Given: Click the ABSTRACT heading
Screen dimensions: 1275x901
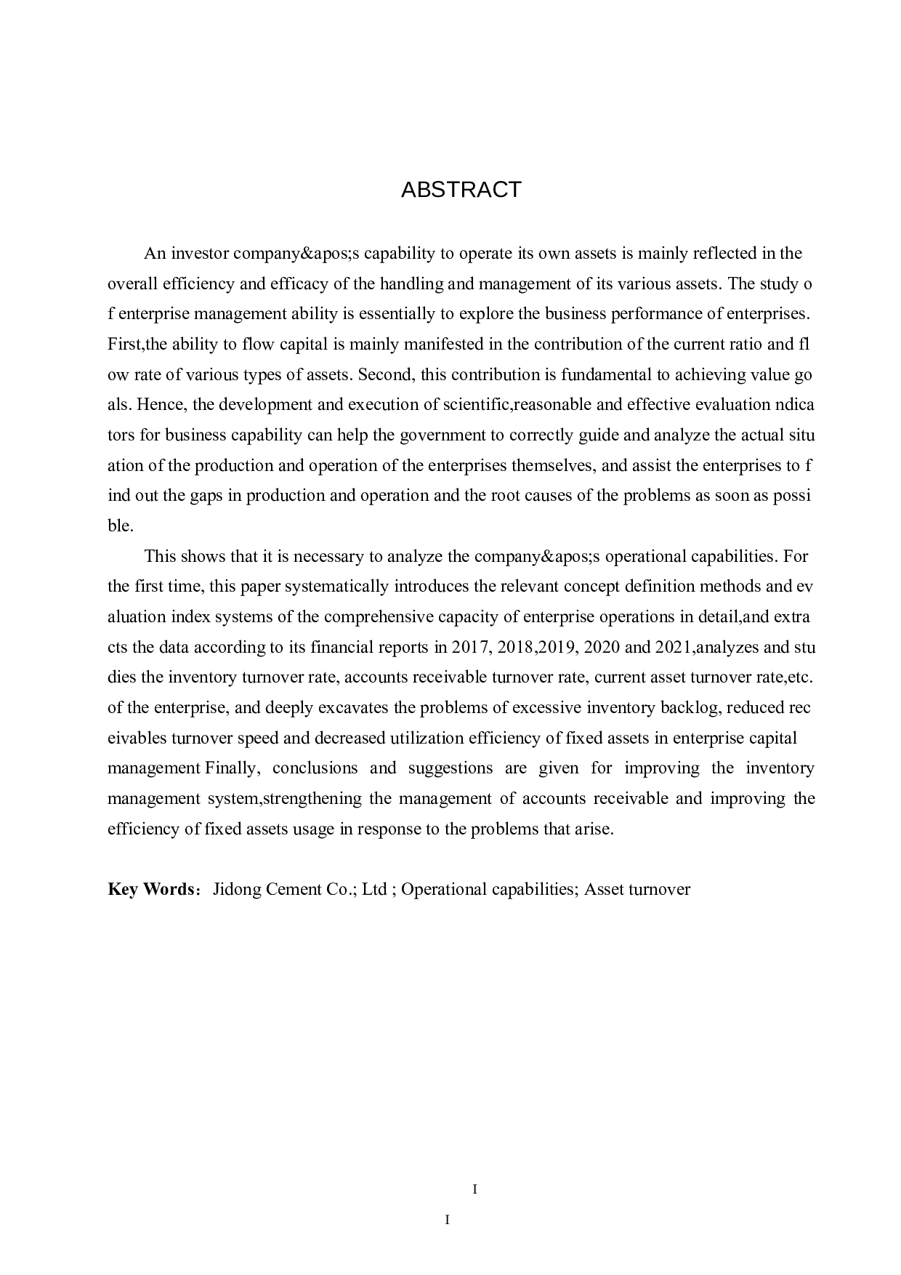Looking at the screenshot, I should [461, 190].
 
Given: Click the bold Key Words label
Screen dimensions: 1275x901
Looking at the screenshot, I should [150, 889].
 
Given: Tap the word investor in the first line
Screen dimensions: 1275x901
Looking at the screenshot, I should [200, 254].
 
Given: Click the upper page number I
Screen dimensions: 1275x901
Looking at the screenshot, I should [474, 1190].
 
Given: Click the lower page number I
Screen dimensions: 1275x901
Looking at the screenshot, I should [448, 1220].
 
